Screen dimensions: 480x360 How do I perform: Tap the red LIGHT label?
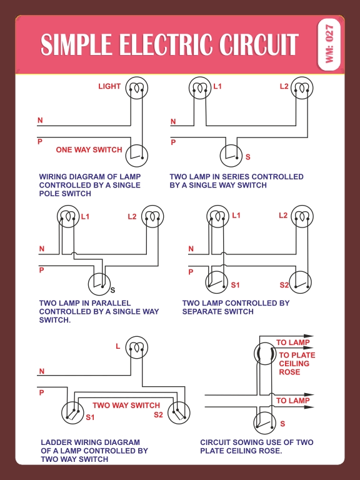(109, 86)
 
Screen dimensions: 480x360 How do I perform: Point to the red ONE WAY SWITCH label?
(89, 150)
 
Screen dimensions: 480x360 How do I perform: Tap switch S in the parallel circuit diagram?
(98, 284)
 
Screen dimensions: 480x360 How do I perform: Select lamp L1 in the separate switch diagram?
(217, 217)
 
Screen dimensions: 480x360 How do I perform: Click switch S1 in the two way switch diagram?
(72, 413)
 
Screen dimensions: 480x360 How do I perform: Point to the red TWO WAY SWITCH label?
(126, 405)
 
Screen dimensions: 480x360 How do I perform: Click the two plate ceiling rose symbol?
(264, 354)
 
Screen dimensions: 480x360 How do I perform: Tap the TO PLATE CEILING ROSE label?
(297, 364)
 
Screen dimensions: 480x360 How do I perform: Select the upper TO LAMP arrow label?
(292, 342)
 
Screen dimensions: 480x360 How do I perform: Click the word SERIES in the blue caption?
(237, 177)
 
